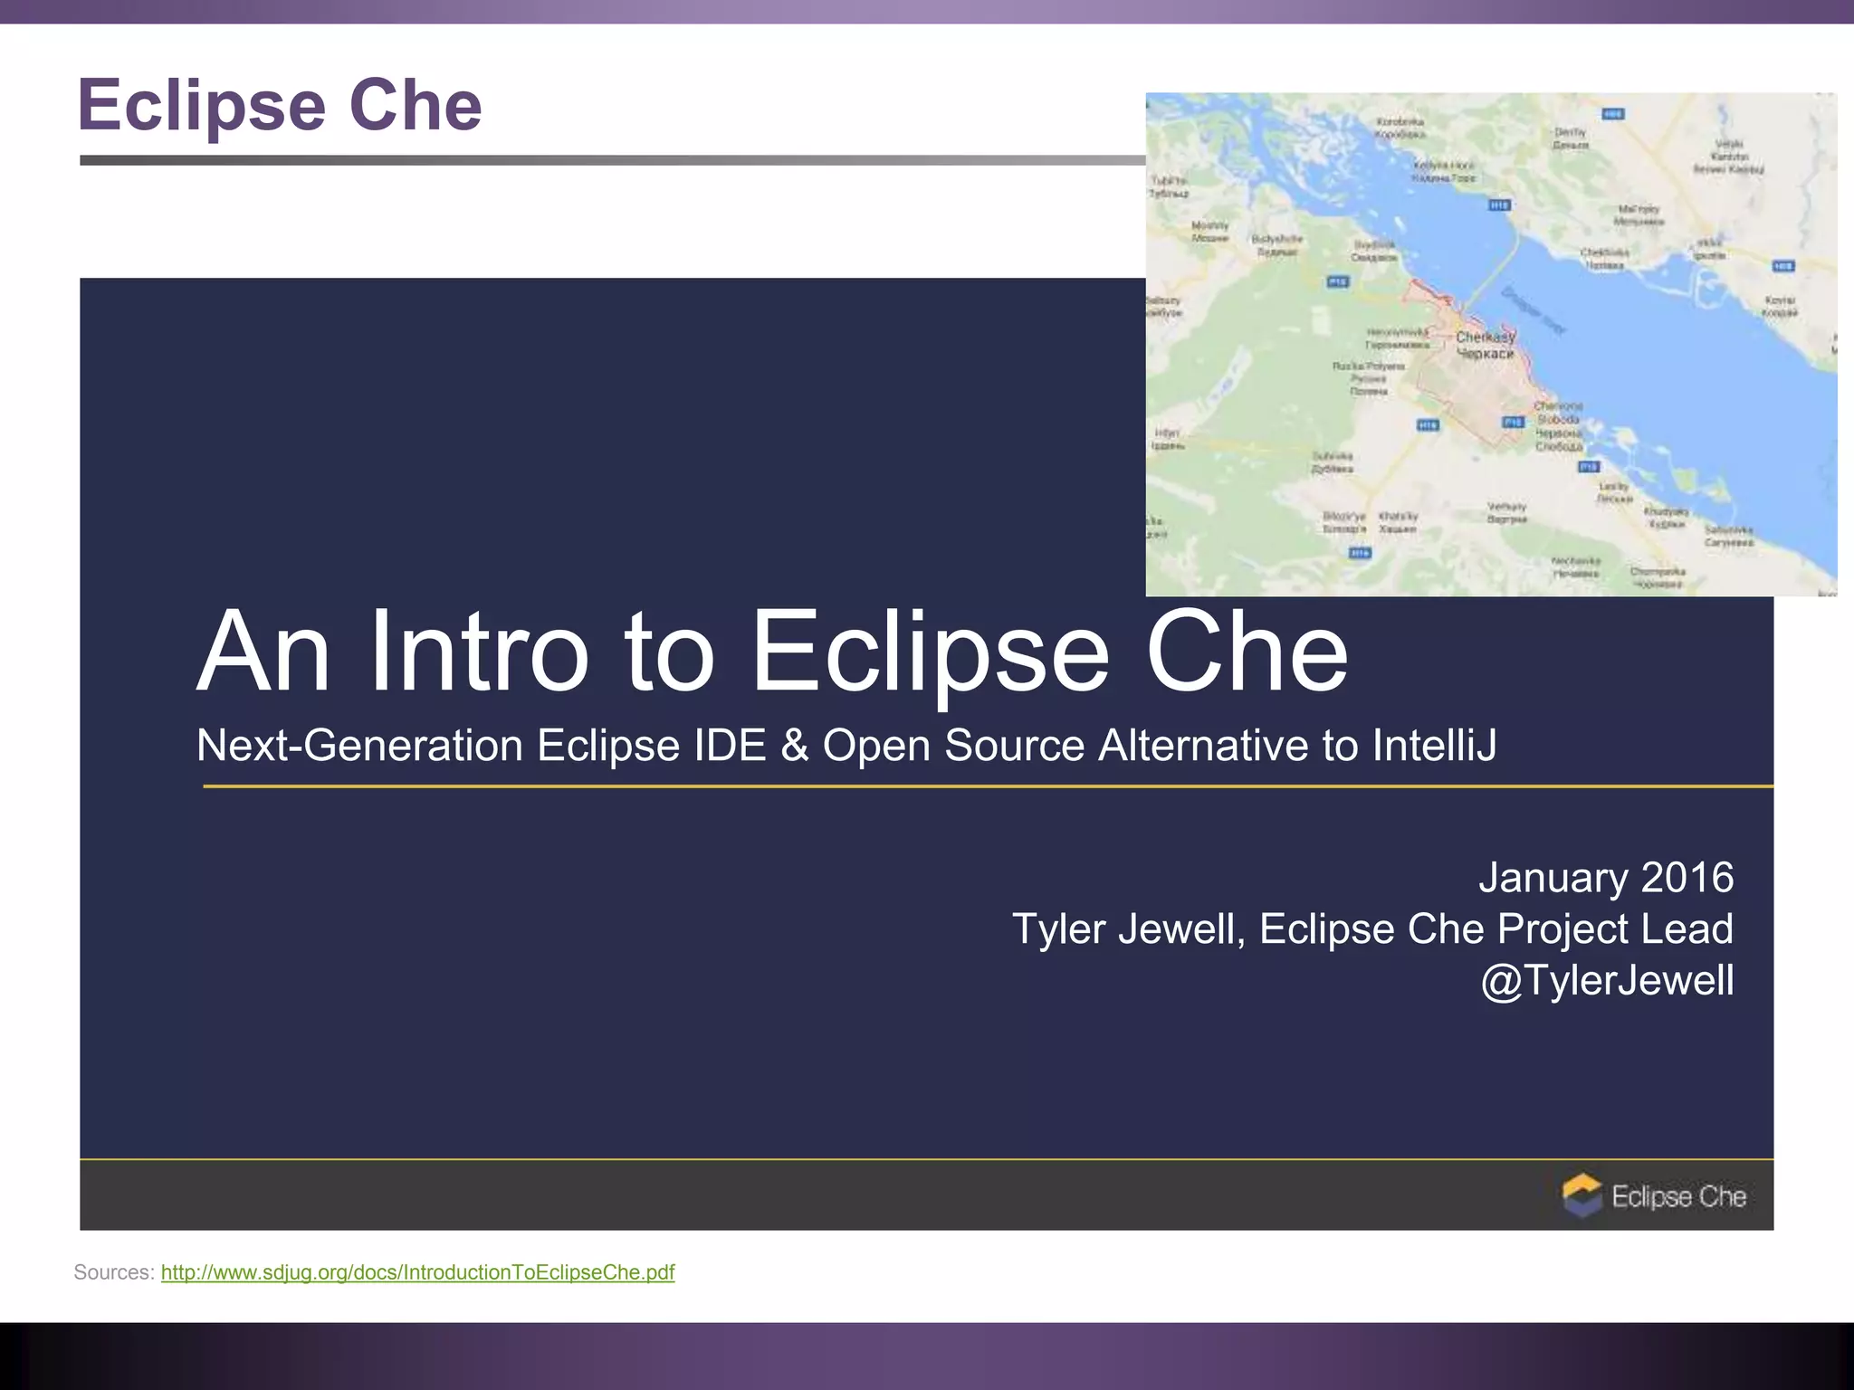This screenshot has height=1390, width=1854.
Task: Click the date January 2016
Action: pos(1605,878)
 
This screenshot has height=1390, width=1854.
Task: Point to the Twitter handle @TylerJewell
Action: pos(1607,981)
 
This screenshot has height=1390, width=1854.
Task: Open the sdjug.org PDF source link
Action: pos(417,1272)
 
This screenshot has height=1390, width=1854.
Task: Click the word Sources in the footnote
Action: pos(113,1272)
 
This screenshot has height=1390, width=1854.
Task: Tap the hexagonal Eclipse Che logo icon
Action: pos(1582,1195)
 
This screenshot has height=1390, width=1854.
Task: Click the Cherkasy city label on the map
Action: pos(1485,345)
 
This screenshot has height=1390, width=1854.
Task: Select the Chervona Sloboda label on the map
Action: pos(1558,426)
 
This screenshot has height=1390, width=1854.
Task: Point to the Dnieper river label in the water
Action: pos(1533,311)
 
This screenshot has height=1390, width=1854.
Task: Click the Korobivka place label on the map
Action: pos(1400,128)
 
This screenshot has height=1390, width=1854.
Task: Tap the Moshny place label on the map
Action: pos(1209,232)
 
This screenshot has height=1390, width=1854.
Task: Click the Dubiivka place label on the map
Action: pos(1333,462)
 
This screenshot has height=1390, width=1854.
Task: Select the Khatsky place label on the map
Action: pos(1398,522)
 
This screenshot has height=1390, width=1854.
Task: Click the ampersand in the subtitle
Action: pos(794,746)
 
